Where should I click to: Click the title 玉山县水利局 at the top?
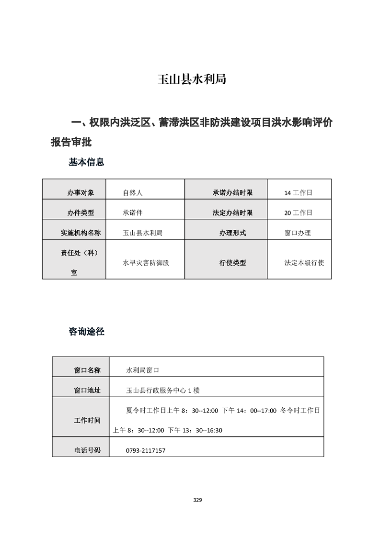click(x=192, y=79)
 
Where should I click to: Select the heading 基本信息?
click(x=86, y=162)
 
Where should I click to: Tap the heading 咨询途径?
click(x=86, y=331)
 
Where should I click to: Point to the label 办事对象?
click(x=81, y=193)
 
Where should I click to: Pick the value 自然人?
click(x=133, y=193)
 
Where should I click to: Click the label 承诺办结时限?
click(x=232, y=193)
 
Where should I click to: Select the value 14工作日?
click(x=298, y=193)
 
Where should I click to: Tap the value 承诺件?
click(x=133, y=213)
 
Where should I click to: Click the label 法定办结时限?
click(x=232, y=213)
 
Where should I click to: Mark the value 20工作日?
click(x=298, y=213)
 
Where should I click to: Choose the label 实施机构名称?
click(x=81, y=233)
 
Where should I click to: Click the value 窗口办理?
click(x=298, y=233)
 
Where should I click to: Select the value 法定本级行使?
click(x=304, y=263)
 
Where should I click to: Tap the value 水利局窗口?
click(x=142, y=370)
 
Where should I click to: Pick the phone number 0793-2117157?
click(x=146, y=450)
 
